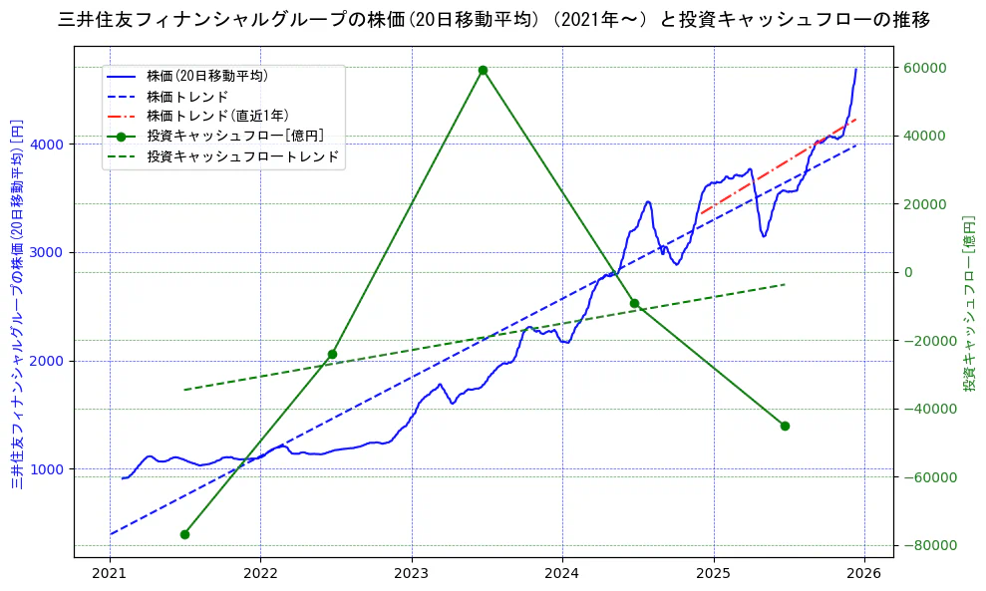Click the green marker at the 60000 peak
pos(483,70)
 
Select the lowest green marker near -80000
pos(184,534)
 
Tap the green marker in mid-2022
pos(332,354)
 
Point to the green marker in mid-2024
pos(634,303)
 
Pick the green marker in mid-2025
pos(785,426)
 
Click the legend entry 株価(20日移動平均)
pos(206,75)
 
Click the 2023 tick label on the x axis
pos(411,574)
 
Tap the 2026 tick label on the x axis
pos(863,574)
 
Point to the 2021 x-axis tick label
pos(110,574)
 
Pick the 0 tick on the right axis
pos(906,272)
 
